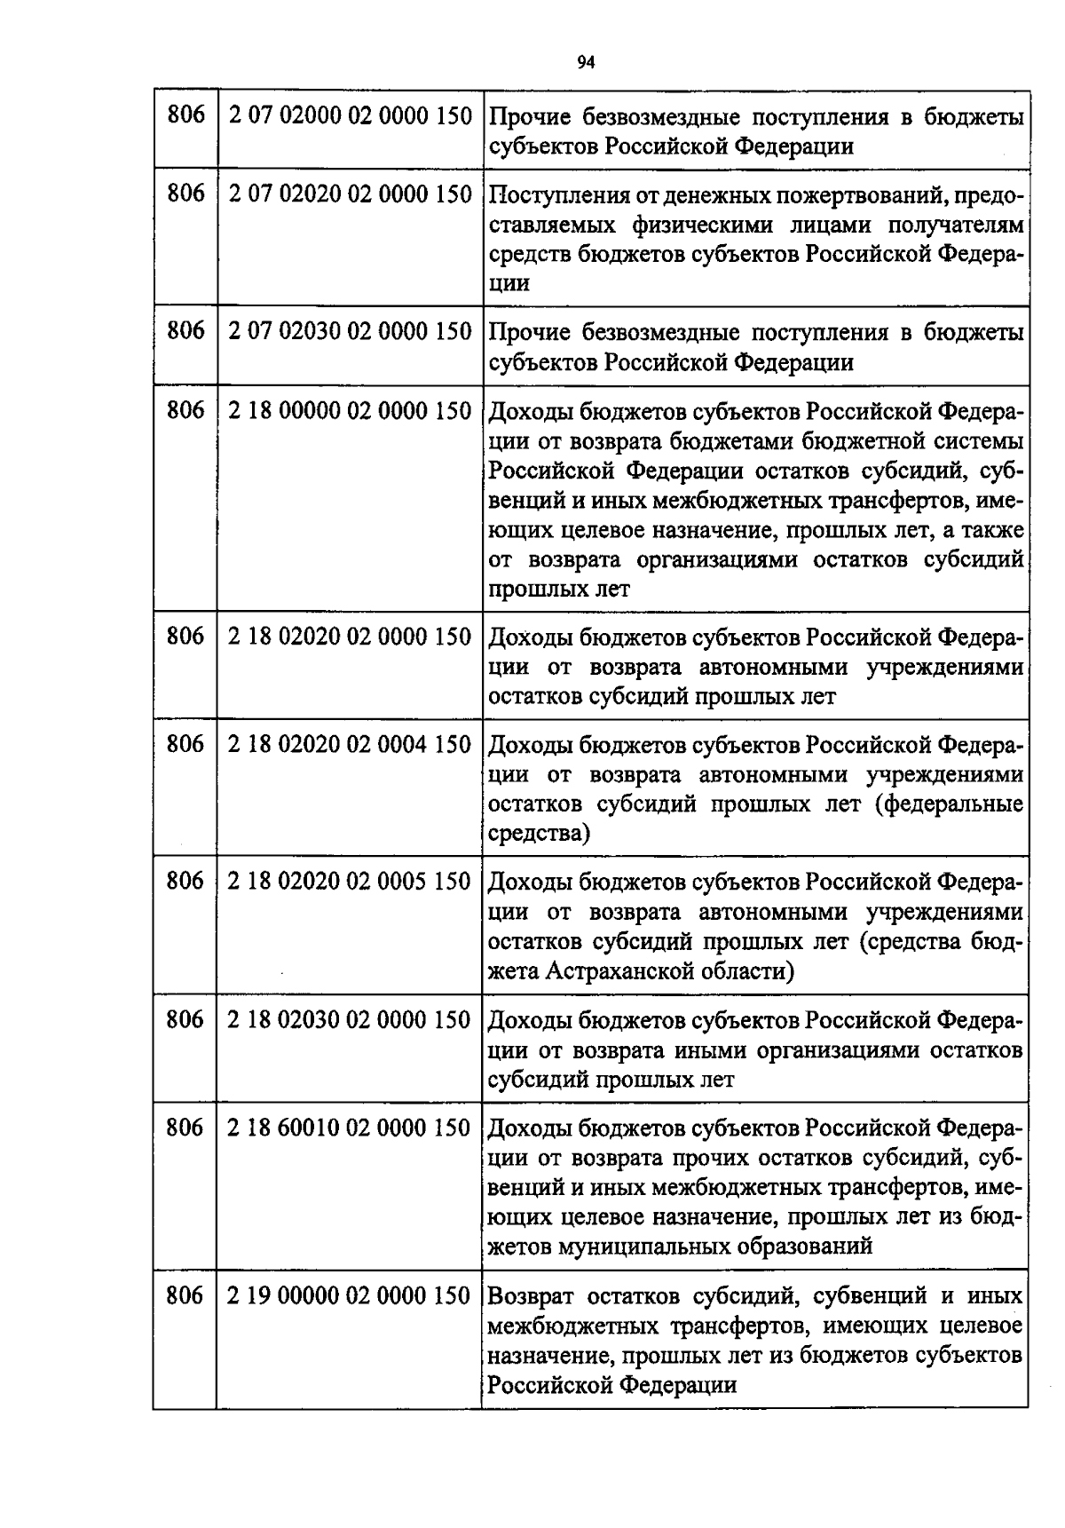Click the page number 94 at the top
[585, 61]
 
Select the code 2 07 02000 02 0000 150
[350, 116]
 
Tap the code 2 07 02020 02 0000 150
[350, 194]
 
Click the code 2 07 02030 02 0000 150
[350, 332]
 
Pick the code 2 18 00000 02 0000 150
[350, 411]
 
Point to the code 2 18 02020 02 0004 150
[350, 744]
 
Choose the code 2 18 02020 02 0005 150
[350, 882]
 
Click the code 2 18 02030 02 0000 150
[350, 1020]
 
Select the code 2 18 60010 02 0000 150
[350, 1128]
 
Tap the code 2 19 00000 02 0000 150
[350, 1296]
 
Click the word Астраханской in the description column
[622, 971]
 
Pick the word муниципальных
[644, 1247]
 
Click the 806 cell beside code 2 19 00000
[185, 1296]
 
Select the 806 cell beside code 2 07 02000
[185, 116]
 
